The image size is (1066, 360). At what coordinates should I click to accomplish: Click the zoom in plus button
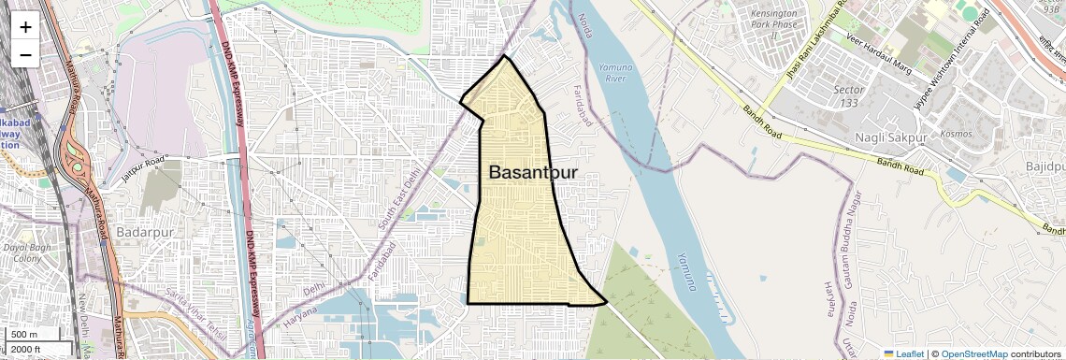[25, 26]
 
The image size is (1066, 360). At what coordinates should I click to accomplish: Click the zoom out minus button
[25, 54]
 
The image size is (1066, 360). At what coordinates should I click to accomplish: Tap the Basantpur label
[533, 173]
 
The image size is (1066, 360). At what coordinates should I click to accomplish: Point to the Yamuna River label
[614, 73]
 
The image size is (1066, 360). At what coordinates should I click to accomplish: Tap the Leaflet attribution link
[903, 353]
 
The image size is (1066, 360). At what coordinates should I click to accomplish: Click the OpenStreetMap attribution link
[973, 353]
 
